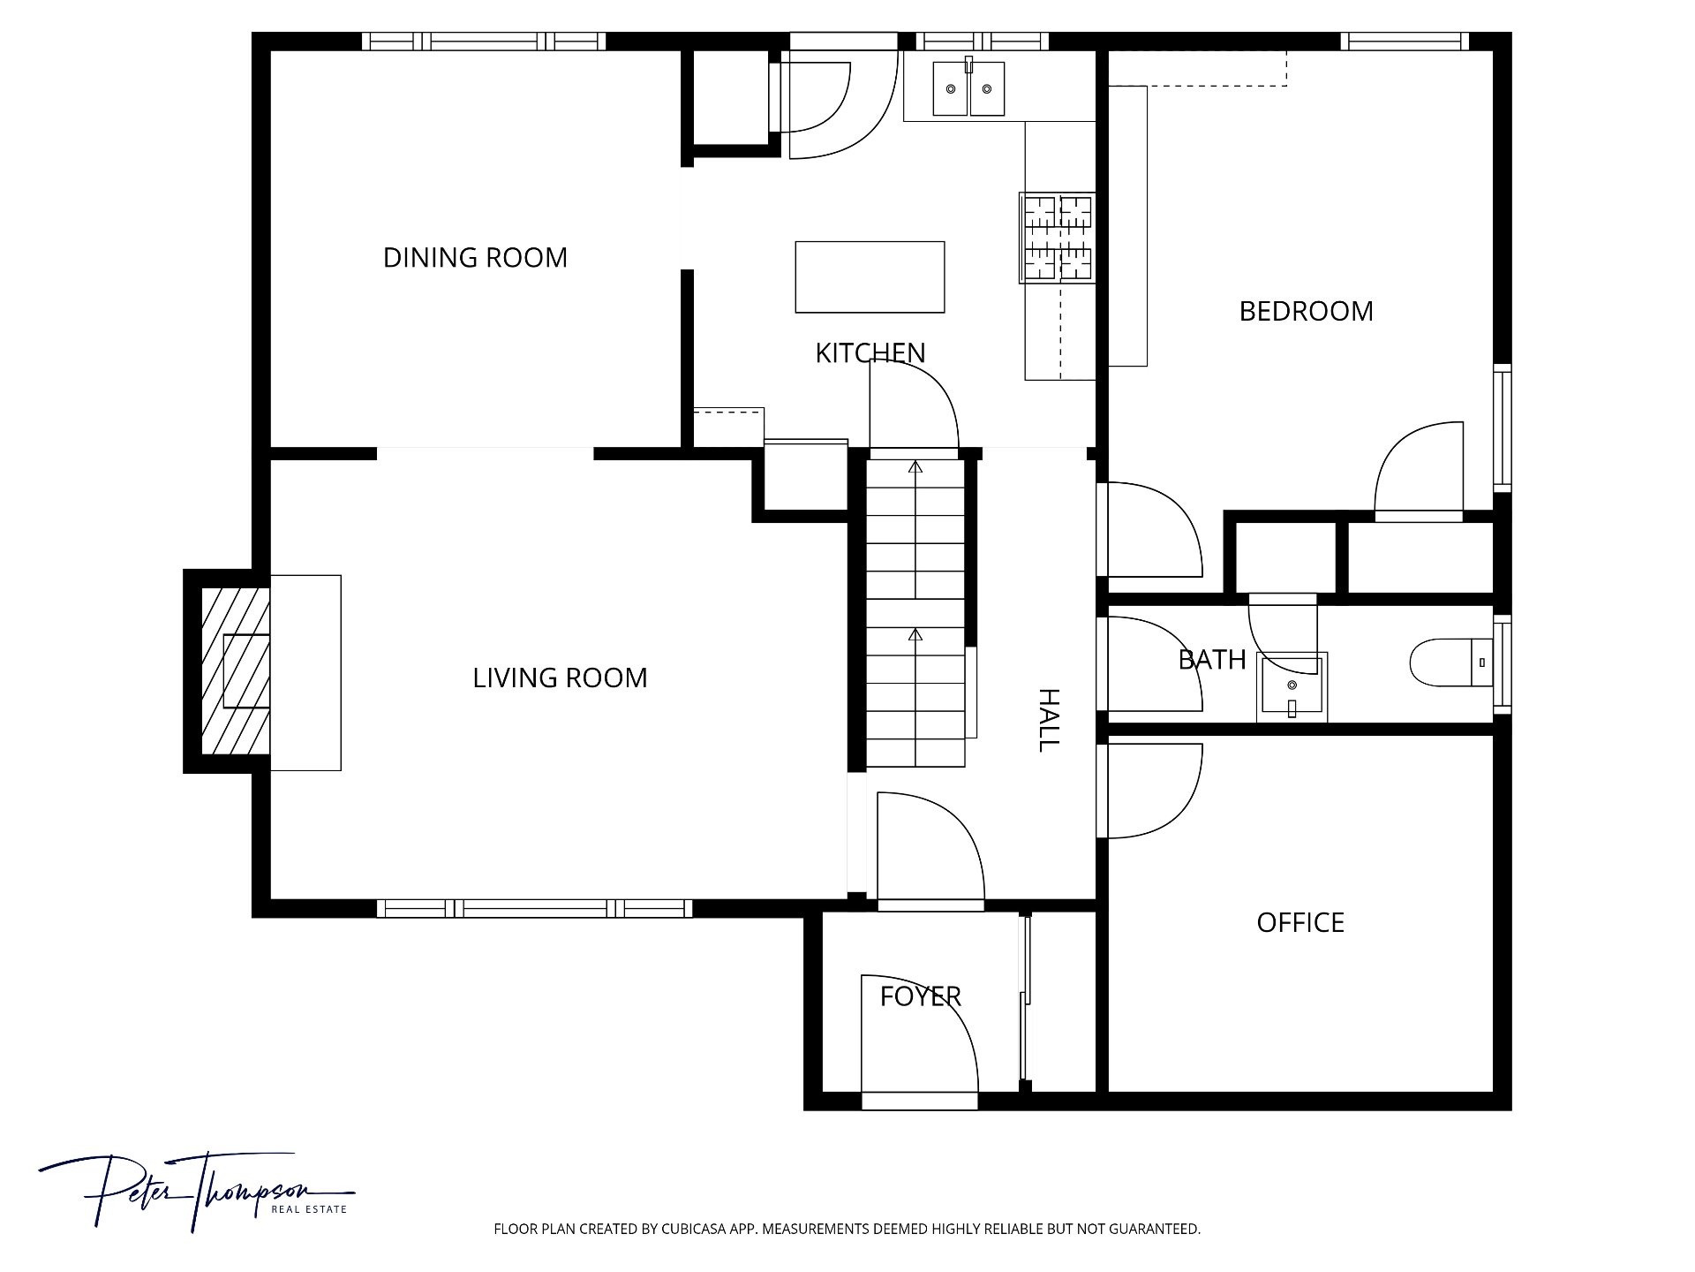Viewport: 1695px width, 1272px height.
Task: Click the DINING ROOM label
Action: [475, 258]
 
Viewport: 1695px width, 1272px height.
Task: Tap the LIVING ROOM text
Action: [560, 678]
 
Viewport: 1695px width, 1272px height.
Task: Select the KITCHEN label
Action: [870, 353]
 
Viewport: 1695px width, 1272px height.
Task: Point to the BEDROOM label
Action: [1306, 312]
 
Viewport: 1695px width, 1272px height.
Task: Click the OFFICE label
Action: [1300, 923]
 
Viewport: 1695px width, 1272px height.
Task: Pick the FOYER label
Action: [920, 997]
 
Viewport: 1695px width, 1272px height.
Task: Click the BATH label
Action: [1212, 660]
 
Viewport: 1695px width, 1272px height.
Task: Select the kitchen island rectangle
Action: [870, 276]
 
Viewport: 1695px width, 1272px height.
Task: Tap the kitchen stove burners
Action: [1057, 238]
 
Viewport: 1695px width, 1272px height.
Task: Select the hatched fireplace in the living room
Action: [235, 671]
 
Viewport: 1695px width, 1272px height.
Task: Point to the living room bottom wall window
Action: [534, 908]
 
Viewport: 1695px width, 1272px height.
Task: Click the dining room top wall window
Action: [484, 42]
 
